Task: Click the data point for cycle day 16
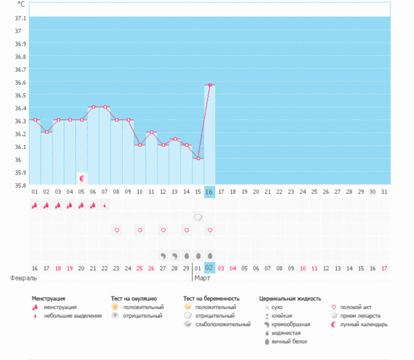pyautogui.click(x=210, y=85)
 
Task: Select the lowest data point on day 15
pyautogui.click(x=198, y=159)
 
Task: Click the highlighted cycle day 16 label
pyautogui.click(x=210, y=192)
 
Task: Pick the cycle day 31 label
pyautogui.click(x=385, y=192)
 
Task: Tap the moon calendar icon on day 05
pyautogui.click(x=81, y=179)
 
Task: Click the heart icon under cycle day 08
pyautogui.click(x=117, y=230)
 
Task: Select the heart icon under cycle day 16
pyautogui.click(x=210, y=230)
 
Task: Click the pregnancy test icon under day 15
pyautogui.click(x=198, y=217)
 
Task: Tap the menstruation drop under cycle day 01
pyautogui.click(x=34, y=205)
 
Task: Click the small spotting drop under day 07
pyautogui.click(x=105, y=205)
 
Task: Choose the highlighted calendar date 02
pyautogui.click(x=210, y=268)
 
